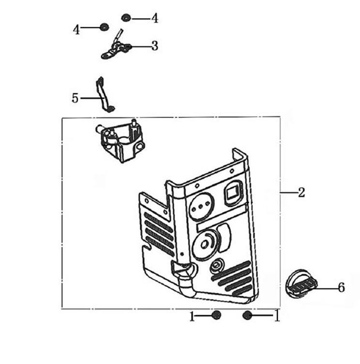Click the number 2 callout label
point(301,192)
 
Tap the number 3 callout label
point(154,46)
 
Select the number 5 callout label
point(75,98)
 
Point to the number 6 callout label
point(341,288)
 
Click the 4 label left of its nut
point(76,29)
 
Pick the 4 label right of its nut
point(154,18)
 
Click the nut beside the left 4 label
point(104,27)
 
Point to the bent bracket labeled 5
point(103,95)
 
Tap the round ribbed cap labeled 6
point(300,282)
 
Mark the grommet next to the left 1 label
point(216,315)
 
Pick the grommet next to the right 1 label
point(247,315)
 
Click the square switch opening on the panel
point(233,193)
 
